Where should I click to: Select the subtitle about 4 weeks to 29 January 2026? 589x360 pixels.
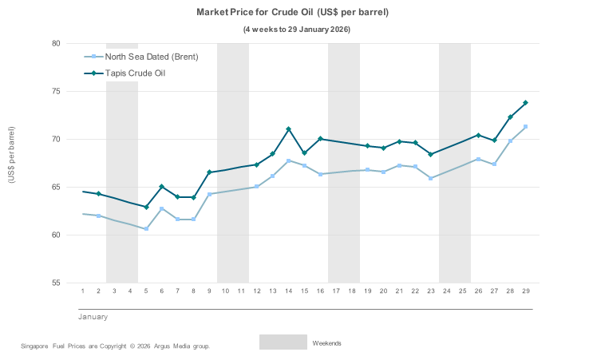click(296, 30)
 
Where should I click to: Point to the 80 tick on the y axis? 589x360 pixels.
click(57, 44)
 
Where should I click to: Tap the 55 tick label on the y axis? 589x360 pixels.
click(57, 283)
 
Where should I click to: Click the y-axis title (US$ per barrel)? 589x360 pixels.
click(12, 155)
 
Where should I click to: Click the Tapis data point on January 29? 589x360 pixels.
click(525, 103)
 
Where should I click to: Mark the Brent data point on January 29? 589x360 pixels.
click(525, 127)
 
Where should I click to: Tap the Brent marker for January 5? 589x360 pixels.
click(146, 229)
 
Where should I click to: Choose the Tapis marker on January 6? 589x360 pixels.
click(162, 187)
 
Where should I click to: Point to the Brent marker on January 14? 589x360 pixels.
click(288, 160)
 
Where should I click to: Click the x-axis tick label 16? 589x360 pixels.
click(320, 291)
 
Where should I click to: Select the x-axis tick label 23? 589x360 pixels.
click(431, 291)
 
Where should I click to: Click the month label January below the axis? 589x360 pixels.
click(93, 317)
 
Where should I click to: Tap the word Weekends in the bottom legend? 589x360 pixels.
click(326, 343)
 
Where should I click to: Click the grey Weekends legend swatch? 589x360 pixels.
click(283, 342)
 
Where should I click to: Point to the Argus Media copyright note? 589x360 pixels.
click(115, 346)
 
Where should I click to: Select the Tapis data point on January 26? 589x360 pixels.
click(478, 136)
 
